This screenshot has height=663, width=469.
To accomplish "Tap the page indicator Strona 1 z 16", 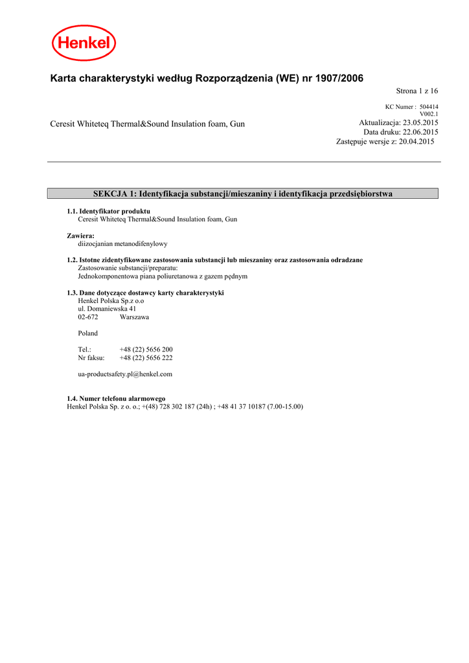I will (417, 91).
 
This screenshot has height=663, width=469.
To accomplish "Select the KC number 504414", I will (429, 107).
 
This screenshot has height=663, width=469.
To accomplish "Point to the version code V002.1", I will (429, 114).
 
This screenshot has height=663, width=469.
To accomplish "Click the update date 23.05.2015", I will (420, 123).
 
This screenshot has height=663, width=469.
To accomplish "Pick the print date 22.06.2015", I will (420, 132).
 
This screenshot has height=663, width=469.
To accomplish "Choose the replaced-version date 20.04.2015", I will (417, 141).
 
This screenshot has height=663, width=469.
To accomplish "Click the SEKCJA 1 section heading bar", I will (243, 194).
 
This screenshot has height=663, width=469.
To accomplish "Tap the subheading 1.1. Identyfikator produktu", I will (109, 211).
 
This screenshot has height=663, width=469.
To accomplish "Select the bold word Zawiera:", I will (80, 236).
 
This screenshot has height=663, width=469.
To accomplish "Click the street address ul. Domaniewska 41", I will (107, 309).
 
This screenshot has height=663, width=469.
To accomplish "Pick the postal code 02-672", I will (88, 317).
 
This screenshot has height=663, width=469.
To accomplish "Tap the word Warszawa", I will (134, 317).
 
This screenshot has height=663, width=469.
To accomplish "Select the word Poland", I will (88, 333).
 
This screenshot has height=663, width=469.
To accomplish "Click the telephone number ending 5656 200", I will (146, 350).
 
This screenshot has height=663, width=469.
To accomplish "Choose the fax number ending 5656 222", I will (146, 357).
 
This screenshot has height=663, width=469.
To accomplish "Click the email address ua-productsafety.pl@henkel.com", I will (125, 374).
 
